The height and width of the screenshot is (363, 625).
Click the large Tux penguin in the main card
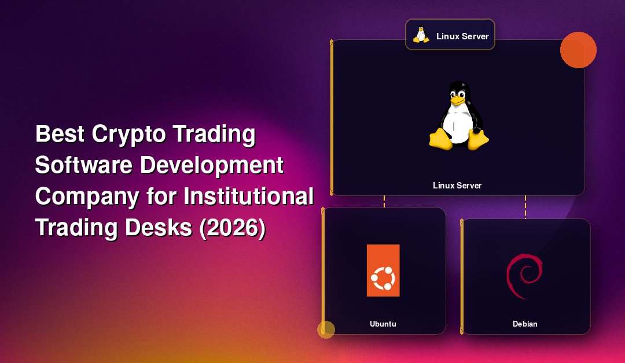459,116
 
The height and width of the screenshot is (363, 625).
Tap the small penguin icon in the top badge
421,35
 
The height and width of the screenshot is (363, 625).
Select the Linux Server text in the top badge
462,36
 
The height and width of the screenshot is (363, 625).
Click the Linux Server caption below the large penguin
457,186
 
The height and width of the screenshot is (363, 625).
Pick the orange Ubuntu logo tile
383,271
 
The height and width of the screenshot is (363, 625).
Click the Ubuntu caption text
383,324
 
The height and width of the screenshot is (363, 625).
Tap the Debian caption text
525,324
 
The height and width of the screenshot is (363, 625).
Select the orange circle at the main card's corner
578,50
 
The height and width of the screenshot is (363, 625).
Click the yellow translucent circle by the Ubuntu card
326,329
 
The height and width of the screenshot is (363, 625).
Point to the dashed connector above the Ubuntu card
384,201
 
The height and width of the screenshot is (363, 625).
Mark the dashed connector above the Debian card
525,207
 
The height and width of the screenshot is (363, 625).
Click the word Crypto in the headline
128,135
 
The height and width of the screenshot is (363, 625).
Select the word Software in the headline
83,165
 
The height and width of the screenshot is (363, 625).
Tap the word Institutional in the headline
249,196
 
